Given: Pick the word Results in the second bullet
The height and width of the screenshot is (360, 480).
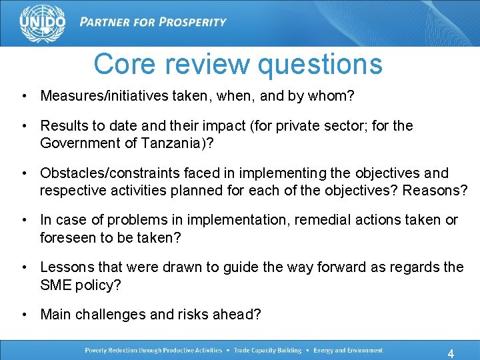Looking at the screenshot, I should (63, 125).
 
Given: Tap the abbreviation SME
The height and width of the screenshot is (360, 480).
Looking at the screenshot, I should (55, 284).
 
